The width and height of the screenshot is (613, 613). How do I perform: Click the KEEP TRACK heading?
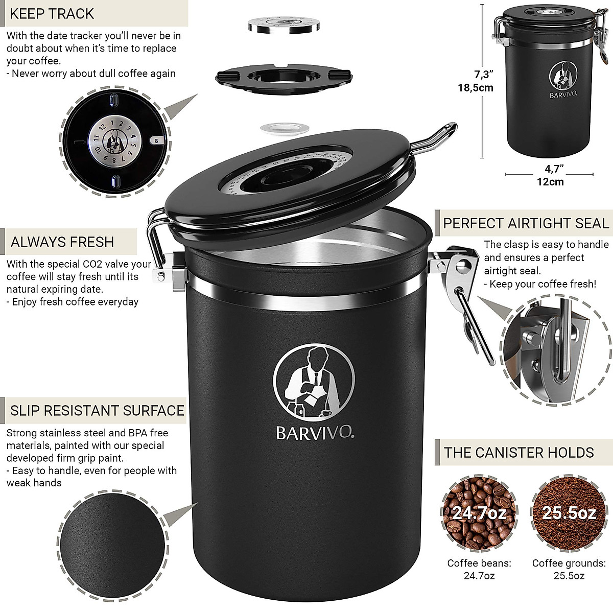[53, 14]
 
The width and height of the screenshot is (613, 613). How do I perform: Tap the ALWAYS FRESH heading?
[62, 242]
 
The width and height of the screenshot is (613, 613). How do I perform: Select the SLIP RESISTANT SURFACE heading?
[98, 410]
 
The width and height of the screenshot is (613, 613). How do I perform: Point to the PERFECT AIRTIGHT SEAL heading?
[526, 223]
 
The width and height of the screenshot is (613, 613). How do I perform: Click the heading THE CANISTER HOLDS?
[519, 452]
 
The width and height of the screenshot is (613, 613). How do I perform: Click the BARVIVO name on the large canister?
[315, 433]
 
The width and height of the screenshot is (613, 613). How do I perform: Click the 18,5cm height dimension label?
[476, 87]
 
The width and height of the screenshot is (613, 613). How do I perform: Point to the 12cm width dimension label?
[550, 181]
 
